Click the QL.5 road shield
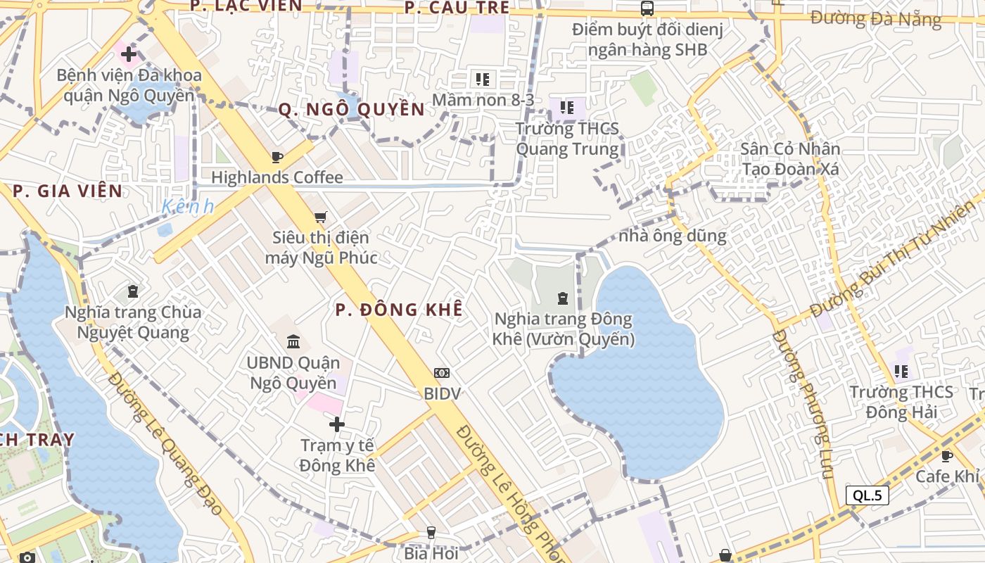click(x=867, y=495)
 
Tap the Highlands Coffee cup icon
click(x=277, y=157)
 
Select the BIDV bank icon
click(x=442, y=373)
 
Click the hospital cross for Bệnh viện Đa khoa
click(x=128, y=53)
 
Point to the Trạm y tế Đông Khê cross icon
click(x=337, y=424)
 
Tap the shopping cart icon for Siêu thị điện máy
click(x=321, y=217)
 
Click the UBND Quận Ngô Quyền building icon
click(x=293, y=342)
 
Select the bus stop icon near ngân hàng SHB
click(x=647, y=8)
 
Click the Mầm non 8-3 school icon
click(x=482, y=79)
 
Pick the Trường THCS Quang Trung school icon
click(x=567, y=108)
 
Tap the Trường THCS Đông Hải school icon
click(x=901, y=371)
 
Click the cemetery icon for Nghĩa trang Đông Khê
click(x=563, y=298)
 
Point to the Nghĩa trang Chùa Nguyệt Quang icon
click(x=133, y=291)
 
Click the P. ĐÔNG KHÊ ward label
click(x=399, y=310)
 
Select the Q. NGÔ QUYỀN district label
click(x=352, y=109)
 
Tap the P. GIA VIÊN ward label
click(x=68, y=191)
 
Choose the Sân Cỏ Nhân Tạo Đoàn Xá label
click(x=790, y=159)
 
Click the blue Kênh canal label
click(x=187, y=207)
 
